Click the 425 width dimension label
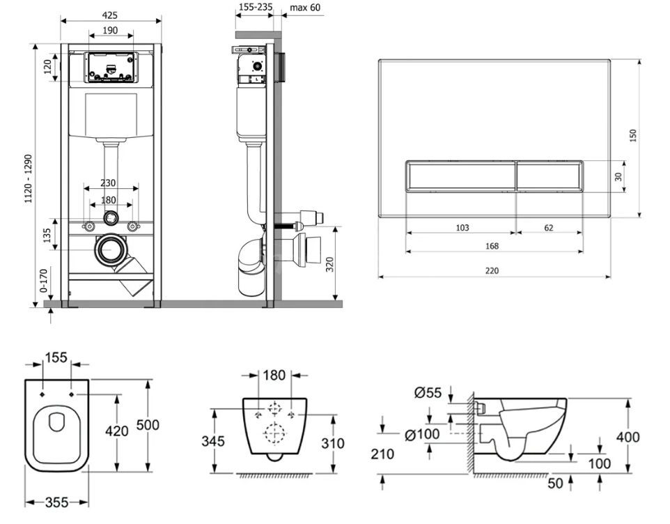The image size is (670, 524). [109, 15]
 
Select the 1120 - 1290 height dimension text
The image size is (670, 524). [28, 178]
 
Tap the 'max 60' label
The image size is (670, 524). [305, 8]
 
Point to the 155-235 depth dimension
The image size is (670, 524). [255, 7]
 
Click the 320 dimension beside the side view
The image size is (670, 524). [329, 264]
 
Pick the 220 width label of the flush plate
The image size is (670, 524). [492, 270]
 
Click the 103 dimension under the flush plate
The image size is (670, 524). [462, 228]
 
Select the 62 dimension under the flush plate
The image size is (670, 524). [549, 228]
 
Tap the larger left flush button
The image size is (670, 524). [460, 176]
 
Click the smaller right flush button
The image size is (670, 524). [550, 176]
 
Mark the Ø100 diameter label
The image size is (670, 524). [422, 435]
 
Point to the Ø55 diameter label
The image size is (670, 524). [428, 392]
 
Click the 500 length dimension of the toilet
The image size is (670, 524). [148, 425]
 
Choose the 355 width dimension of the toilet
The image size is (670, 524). [56, 502]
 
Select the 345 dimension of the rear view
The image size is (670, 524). [213, 440]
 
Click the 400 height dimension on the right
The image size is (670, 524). [628, 437]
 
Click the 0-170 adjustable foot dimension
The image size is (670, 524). [44, 280]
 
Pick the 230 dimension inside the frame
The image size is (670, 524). [108, 183]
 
